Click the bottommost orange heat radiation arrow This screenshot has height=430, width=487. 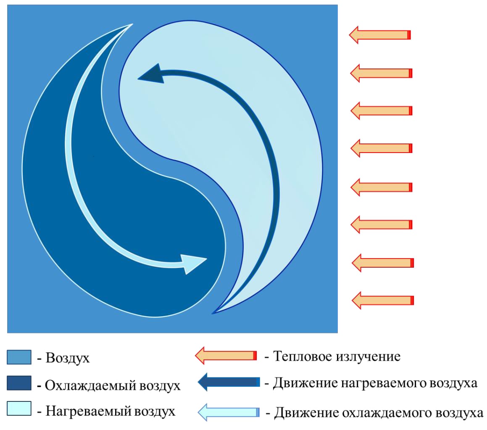[382, 300]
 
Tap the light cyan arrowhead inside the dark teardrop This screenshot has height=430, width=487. [193, 263]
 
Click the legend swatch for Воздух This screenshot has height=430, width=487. [19, 357]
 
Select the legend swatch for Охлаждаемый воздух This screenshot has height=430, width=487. [19, 383]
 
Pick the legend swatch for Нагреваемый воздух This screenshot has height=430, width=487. [19, 408]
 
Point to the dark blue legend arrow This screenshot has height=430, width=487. [229, 382]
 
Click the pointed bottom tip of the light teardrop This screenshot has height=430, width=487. [213, 313]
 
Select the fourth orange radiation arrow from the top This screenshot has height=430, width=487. [381, 148]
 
